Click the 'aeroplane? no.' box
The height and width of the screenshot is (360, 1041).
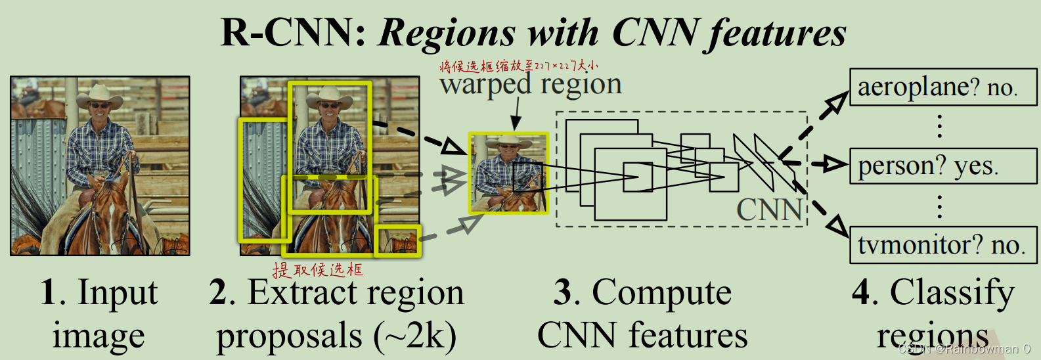(942, 87)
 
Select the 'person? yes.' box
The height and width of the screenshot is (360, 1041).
(942, 166)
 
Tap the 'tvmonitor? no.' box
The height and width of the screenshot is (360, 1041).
(942, 245)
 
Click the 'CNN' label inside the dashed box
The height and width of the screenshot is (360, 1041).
(769, 210)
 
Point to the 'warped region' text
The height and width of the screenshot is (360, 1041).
(531, 85)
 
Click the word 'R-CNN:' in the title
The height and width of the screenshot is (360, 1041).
(294, 32)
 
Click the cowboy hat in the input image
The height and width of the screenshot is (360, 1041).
(100, 96)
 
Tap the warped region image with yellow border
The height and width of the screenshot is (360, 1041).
(508, 173)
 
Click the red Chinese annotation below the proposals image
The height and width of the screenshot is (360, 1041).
(318, 269)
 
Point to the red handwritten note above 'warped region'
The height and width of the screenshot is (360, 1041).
(518, 66)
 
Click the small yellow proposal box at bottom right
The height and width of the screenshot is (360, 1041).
(397, 240)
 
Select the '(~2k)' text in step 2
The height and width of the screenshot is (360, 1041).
(415, 336)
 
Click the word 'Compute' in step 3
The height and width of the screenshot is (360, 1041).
(661, 292)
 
